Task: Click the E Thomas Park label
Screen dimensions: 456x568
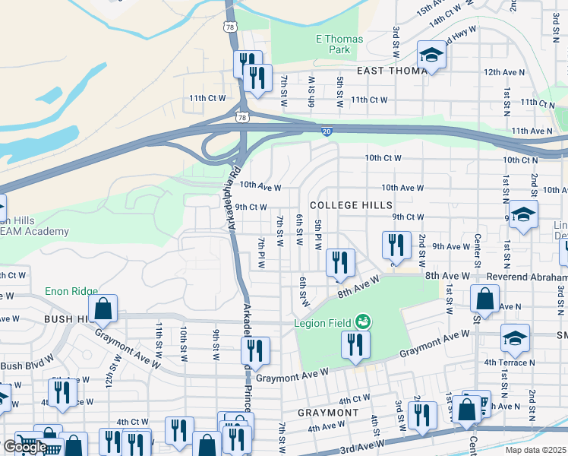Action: tap(339, 44)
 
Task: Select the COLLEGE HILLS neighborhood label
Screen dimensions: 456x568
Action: tap(352, 205)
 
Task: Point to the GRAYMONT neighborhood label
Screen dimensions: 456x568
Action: tap(328, 412)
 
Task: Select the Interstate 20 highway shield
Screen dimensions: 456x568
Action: tap(325, 131)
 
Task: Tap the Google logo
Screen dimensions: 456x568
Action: tap(24, 447)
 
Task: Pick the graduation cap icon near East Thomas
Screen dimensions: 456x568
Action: tap(431, 55)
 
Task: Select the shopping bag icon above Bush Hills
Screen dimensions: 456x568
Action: tap(103, 309)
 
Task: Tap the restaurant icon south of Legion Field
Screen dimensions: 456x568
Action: tap(355, 344)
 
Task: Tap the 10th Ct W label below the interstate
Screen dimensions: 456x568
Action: tap(383, 158)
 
